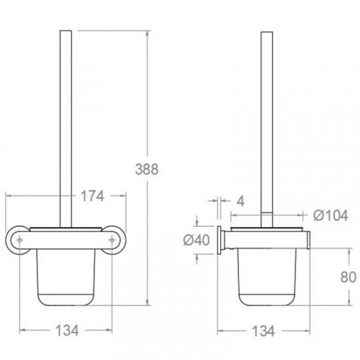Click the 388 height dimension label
click(x=147, y=169)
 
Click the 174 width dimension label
click(x=92, y=196)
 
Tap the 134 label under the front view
click(x=67, y=330)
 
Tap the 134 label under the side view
click(x=264, y=331)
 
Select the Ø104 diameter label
click(x=330, y=215)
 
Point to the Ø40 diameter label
click(x=197, y=240)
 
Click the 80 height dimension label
click(x=348, y=277)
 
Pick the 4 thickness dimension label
click(x=240, y=201)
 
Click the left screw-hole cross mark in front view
click(x=19, y=240)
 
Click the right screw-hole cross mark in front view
click(x=112, y=240)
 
